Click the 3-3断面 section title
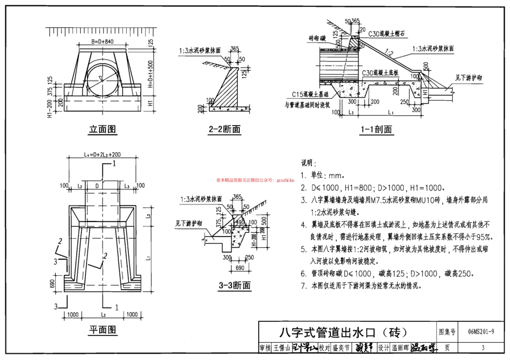[x=234, y=285]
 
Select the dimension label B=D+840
[x=102, y=41]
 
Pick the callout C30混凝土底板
[x=383, y=72]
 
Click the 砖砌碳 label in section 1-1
[x=318, y=39]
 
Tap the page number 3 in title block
[x=482, y=348]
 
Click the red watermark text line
[x=255, y=181]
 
